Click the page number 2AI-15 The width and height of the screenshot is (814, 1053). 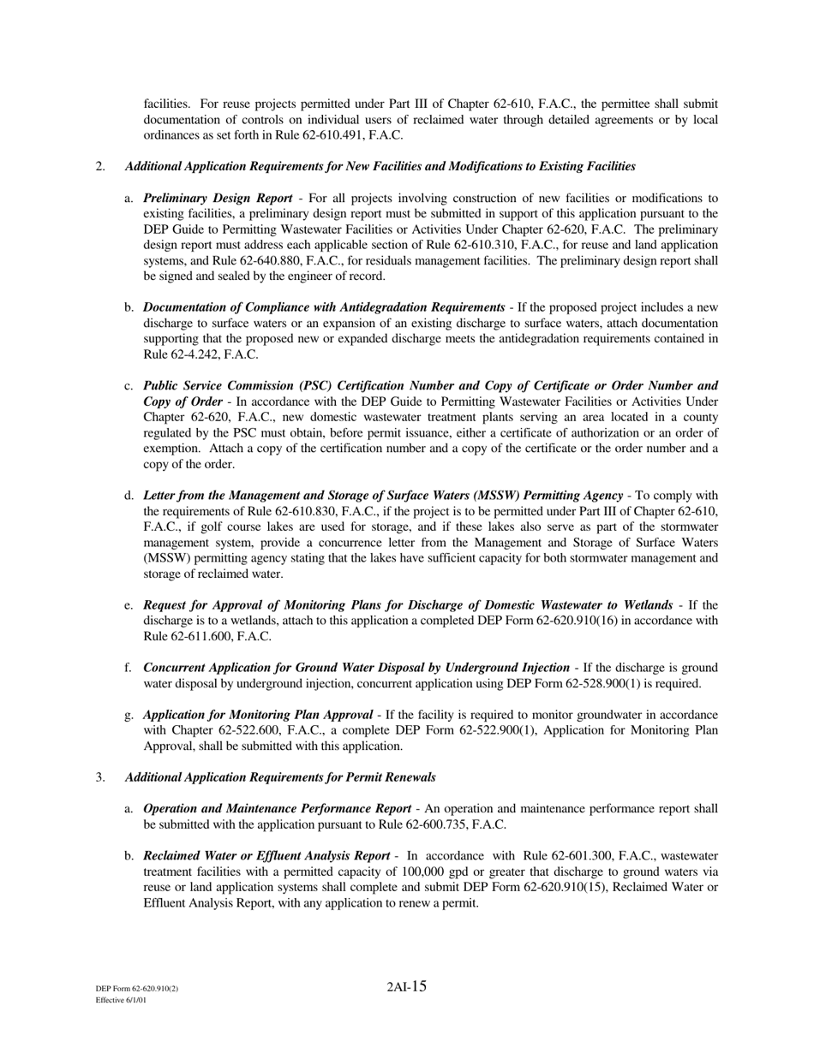(406, 987)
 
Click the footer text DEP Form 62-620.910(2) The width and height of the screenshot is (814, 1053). (137, 989)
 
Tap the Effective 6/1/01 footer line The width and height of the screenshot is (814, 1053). (121, 1000)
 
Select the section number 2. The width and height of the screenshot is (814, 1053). (100, 166)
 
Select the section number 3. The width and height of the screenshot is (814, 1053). (100, 777)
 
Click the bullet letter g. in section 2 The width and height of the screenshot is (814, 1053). (129, 715)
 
